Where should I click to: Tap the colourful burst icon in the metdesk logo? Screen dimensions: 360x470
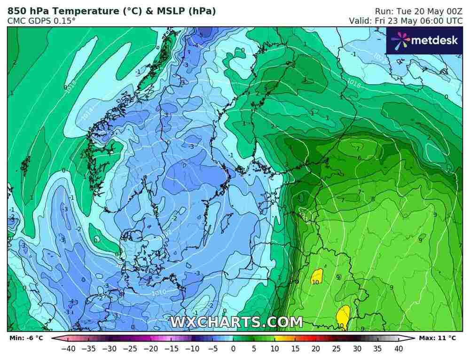point(399,41)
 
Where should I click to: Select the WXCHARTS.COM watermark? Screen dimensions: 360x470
point(236,322)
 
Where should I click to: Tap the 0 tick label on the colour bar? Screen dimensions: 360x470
point(233,349)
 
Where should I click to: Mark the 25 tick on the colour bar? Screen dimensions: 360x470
point(336,349)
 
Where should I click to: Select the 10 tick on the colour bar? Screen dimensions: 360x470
point(274,349)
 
